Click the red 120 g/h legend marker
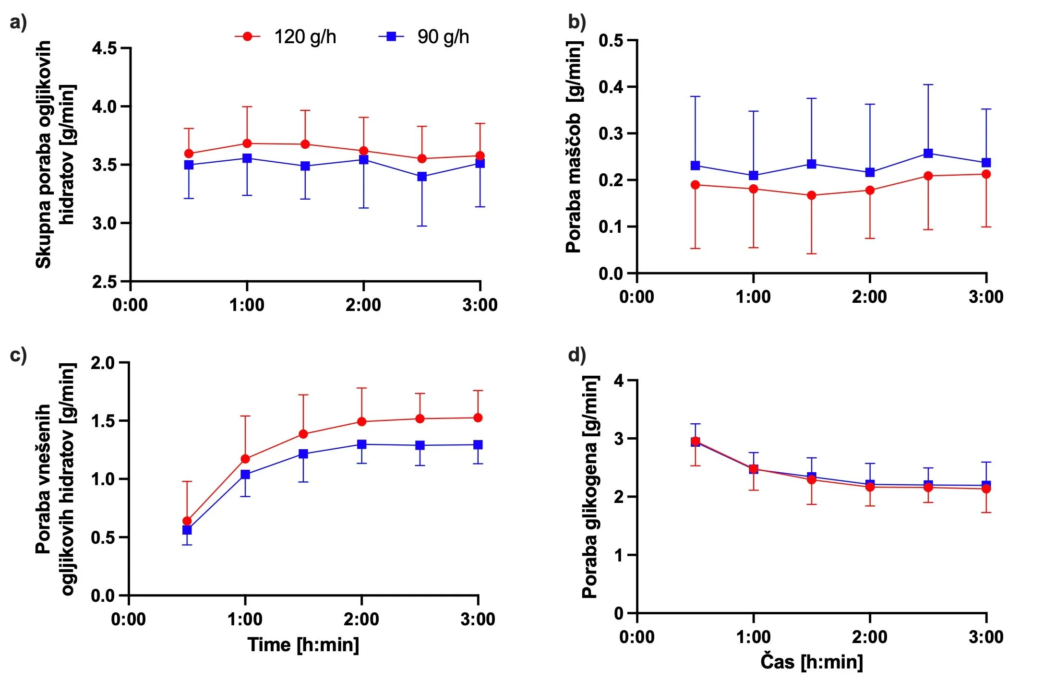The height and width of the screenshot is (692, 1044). [x=248, y=36]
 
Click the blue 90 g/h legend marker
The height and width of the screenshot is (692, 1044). [x=391, y=36]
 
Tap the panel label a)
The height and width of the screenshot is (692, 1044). [x=18, y=22]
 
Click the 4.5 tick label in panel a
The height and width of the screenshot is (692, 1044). [x=105, y=48]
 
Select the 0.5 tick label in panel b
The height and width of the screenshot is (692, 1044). [x=611, y=40]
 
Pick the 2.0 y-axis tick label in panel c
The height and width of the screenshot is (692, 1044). [x=103, y=363]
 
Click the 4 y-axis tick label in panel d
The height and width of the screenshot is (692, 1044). [x=619, y=381]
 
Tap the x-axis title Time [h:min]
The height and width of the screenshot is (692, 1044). [x=303, y=644]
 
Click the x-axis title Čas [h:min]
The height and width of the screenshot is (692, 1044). [x=811, y=662]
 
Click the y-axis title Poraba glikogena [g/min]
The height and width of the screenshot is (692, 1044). [x=590, y=487]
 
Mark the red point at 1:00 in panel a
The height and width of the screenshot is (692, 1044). [x=247, y=143]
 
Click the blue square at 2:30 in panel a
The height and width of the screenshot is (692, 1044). [x=422, y=177]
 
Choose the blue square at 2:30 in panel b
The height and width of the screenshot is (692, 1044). [x=928, y=154]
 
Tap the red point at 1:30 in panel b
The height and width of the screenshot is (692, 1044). [x=812, y=195]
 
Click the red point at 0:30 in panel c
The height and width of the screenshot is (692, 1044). [x=187, y=521]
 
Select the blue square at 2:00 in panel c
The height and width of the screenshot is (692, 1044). [x=361, y=444]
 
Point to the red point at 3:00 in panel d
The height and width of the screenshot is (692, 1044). [x=986, y=489]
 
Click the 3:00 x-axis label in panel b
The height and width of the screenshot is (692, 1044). [x=986, y=297]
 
